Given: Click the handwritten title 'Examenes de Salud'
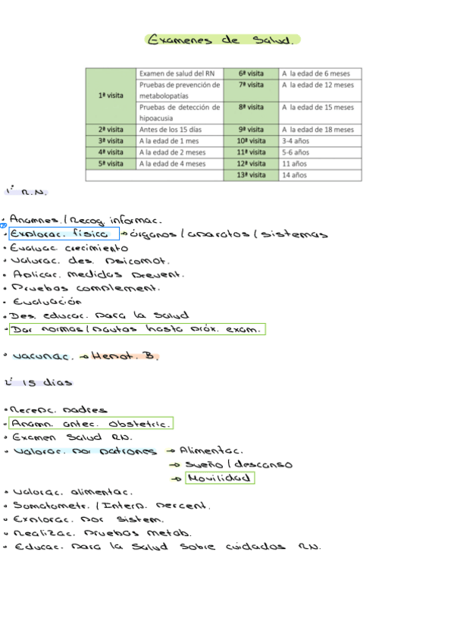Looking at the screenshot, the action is coord(222,39).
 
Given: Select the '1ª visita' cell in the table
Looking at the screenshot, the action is coord(111,96).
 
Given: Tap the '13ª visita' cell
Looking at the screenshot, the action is coord(251,175).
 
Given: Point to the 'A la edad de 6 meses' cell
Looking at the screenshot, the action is coord(318,74).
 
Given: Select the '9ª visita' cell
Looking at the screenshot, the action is coord(251,130).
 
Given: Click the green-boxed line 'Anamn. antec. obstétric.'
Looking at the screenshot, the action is coord(91,423).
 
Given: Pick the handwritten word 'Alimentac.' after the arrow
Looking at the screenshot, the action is coord(211,450).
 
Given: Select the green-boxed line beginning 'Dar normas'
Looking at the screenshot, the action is coord(137,329).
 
